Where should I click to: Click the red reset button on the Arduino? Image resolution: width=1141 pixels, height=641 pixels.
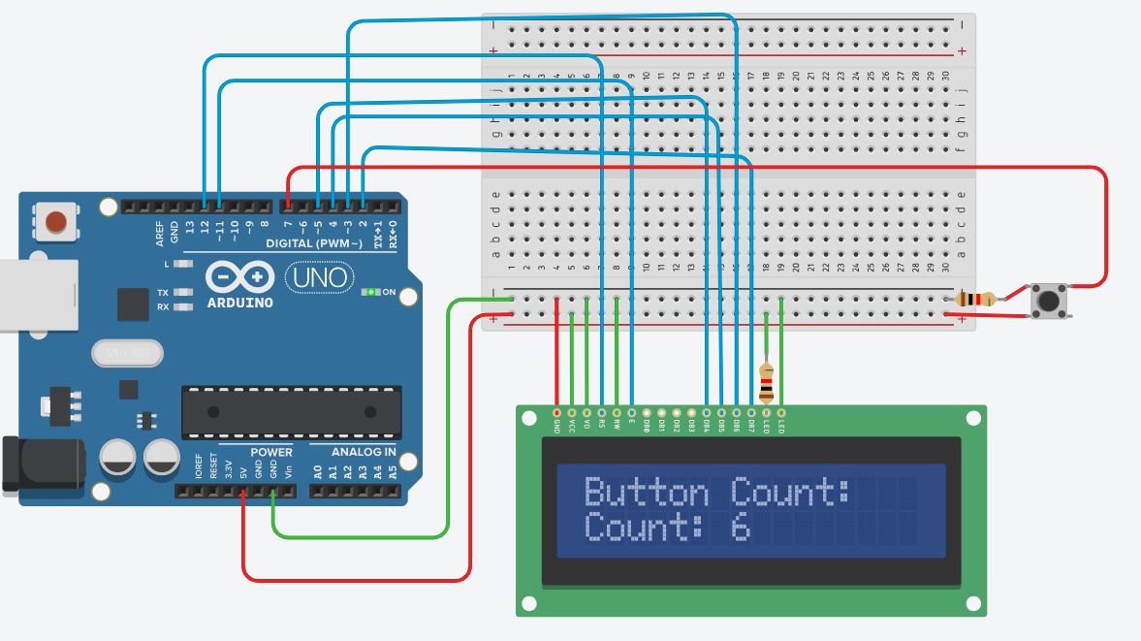click(x=56, y=221)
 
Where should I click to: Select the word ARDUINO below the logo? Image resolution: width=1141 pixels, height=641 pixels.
click(x=239, y=303)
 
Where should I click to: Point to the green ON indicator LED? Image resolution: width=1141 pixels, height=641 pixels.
click(x=370, y=292)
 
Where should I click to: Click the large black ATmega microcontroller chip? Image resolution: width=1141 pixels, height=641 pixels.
click(x=291, y=412)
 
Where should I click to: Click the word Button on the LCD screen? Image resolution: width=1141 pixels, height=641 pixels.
click(x=648, y=493)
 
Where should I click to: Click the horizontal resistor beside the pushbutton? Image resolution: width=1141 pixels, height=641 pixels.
click(x=974, y=300)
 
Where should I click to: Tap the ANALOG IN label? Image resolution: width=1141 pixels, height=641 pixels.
click(x=364, y=452)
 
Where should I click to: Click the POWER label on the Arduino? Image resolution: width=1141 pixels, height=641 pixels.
click(x=270, y=452)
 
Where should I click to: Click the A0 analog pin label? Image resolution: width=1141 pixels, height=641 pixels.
click(x=317, y=473)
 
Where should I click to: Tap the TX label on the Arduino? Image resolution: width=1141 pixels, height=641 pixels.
click(x=163, y=292)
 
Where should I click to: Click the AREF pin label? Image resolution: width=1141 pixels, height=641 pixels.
click(x=159, y=232)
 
